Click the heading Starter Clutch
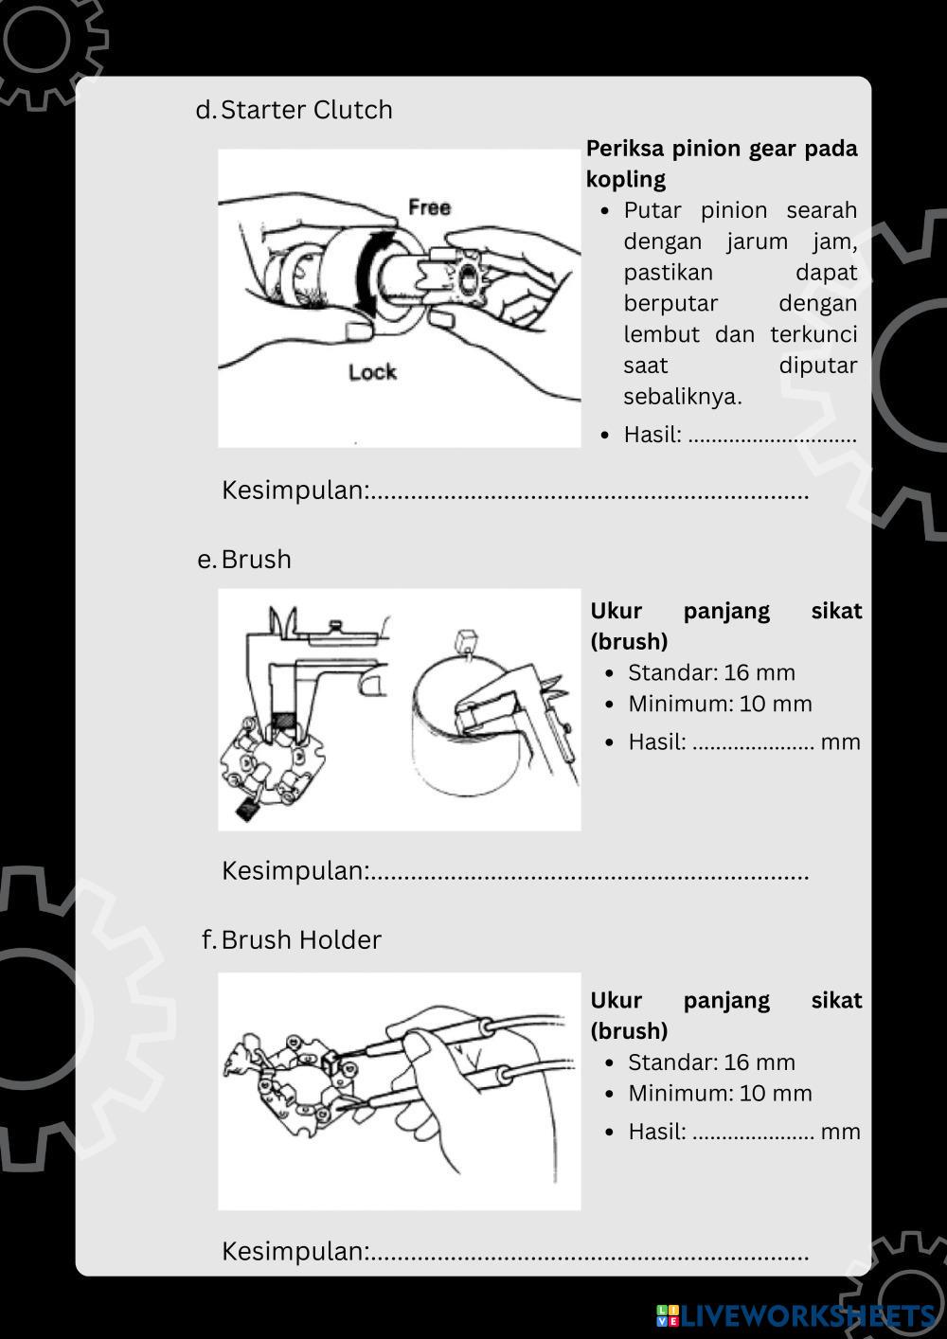tap(306, 110)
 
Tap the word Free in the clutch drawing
tap(429, 207)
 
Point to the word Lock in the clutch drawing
tap(372, 372)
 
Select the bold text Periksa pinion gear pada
tap(721, 149)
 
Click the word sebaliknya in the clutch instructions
tap(682, 397)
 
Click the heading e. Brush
tap(255, 560)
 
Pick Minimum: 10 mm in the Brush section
tap(720, 705)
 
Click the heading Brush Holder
tap(300, 940)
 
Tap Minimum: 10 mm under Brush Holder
tap(720, 1094)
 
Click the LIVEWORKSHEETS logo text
tap(806, 1315)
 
